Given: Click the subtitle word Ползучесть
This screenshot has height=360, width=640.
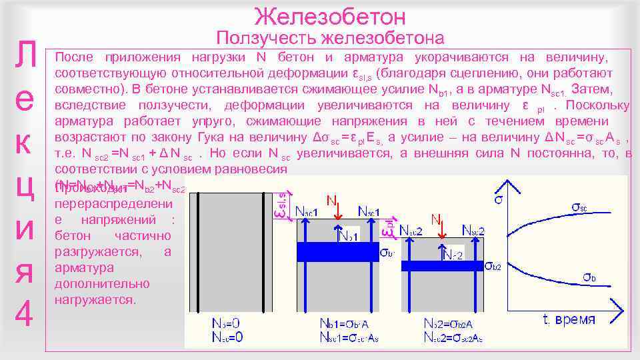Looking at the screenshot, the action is tap(265, 38).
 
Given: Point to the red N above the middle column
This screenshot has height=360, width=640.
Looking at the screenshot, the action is tap(331, 199).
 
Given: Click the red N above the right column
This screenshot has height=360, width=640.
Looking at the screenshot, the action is tap(436, 219).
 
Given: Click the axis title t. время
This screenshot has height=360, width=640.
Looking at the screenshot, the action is tap(574, 320).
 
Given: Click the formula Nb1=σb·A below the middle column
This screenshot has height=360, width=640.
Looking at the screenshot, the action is tap(353, 323).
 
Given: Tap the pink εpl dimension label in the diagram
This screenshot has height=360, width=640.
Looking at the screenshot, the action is tap(387, 227).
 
